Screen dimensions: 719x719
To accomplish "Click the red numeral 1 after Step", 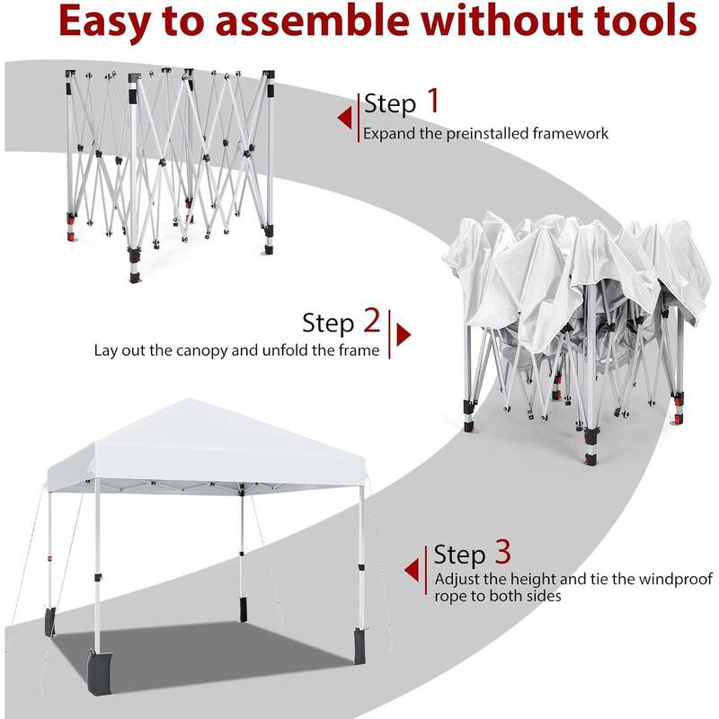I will click(433, 102).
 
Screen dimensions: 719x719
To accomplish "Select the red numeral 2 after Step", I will click(371, 320).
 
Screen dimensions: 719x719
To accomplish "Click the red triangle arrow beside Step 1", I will click(343, 118).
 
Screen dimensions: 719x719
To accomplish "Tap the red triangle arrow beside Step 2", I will click(404, 335).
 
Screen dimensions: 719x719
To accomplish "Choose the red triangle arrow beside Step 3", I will click(412, 568).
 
